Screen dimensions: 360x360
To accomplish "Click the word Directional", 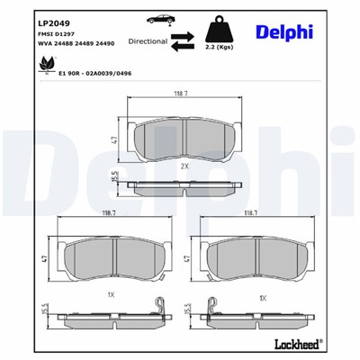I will (148, 41).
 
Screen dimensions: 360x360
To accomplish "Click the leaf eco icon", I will (41, 66).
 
